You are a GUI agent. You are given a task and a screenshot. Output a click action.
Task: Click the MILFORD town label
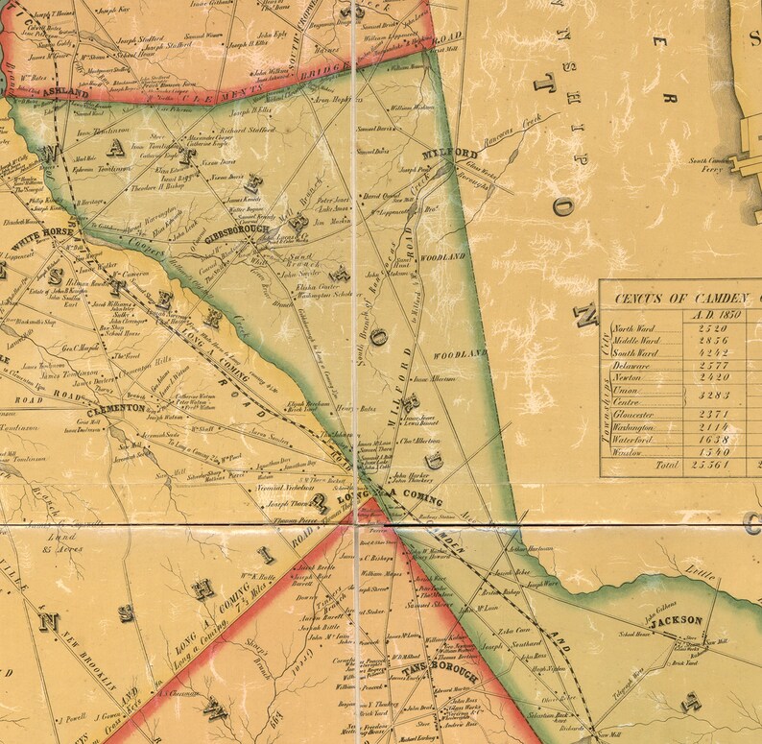pyautogui.click(x=451, y=154)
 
